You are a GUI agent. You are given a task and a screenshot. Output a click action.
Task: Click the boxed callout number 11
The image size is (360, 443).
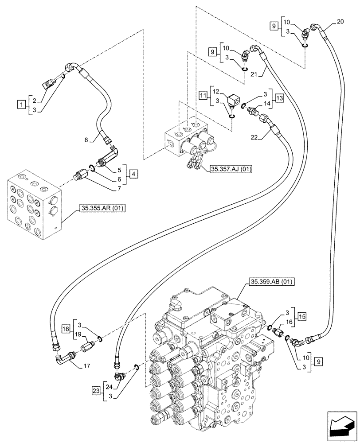(203, 95)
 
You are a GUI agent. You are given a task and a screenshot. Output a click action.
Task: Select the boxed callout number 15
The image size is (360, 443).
(302, 316)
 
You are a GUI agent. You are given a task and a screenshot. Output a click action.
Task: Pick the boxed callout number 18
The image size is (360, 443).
(65, 330)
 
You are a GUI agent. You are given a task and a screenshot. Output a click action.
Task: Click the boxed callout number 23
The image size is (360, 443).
(95, 391)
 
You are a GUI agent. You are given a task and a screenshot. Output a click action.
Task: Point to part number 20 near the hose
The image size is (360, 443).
(340, 21)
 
